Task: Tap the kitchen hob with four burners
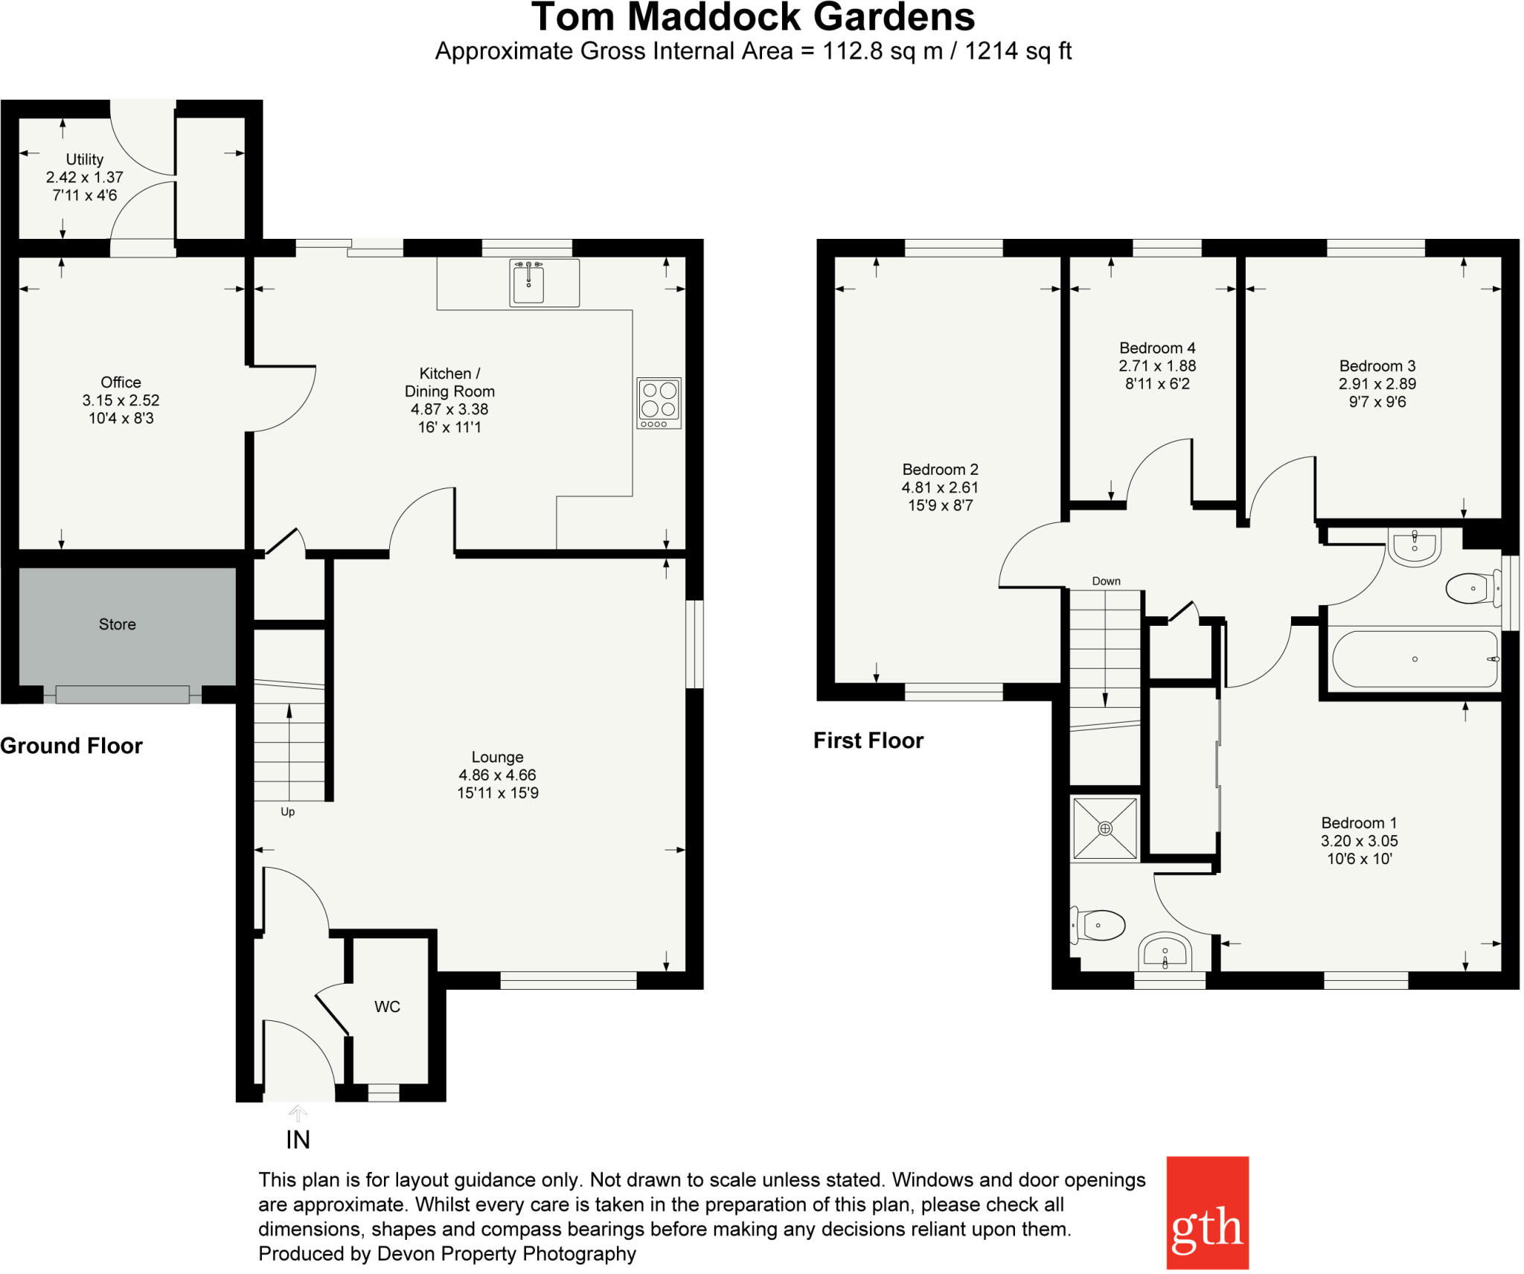(x=659, y=403)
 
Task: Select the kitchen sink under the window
(x=528, y=282)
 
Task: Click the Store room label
(x=118, y=624)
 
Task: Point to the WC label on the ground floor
(x=387, y=1007)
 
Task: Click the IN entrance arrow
(x=298, y=1114)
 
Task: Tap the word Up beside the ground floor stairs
(x=287, y=812)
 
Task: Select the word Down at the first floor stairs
(x=1106, y=581)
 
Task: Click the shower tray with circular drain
(x=1105, y=829)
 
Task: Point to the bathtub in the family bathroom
(x=1414, y=659)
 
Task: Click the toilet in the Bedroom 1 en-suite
(x=1100, y=926)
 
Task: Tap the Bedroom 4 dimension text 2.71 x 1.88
(x=1157, y=366)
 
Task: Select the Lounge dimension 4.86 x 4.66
(x=497, y=775)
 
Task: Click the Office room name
(x=121, y=382)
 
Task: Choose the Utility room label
(x=84, y=159)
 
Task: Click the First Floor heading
(x=868, y=740)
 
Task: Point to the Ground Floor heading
(x=71, y=746)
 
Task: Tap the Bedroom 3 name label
(x=1377, y=366)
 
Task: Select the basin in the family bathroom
(x=1414, y=547)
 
